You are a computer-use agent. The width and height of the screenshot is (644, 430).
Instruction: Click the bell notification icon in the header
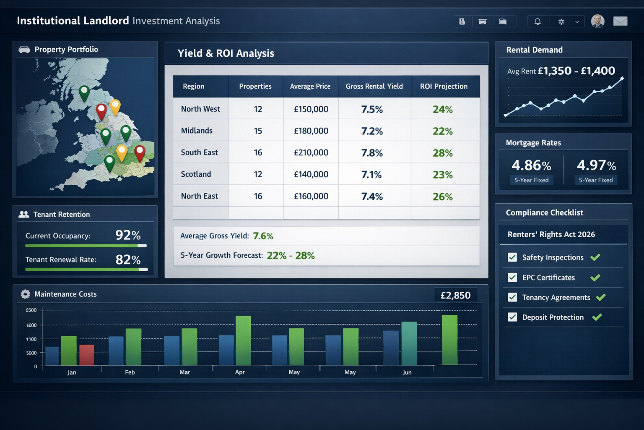pos(537,21)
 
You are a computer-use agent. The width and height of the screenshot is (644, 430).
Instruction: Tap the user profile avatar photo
pos(597,21)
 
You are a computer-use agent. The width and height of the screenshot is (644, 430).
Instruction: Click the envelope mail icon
pos(620,21)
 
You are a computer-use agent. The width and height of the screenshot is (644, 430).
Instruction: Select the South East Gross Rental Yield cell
pos(372,153)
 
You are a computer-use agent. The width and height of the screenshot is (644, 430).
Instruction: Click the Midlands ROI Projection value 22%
pos(442,131)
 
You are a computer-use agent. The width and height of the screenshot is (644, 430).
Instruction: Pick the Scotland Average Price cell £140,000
pos(311,174)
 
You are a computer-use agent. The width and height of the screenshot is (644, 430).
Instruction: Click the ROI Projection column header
pos(444,86)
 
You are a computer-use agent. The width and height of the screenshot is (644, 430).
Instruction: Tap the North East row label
pos(199,196)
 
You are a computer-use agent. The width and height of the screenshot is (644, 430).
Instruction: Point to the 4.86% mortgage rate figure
pos(531,165)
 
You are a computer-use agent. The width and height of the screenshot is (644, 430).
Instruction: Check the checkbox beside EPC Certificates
pos(512,278)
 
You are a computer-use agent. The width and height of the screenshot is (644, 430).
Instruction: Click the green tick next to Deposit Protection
pos(597,317)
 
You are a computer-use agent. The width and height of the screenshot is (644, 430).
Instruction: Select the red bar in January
pos(86,355)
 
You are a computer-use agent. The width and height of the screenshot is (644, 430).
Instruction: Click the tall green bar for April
pos(243,340)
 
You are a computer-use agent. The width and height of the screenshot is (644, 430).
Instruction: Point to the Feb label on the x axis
pos(130,372)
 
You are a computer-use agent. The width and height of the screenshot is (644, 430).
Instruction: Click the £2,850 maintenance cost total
pos(455,295)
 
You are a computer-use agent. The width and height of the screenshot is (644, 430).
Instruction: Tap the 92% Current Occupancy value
pos(128,235)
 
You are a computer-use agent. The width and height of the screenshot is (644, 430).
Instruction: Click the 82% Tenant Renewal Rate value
pos(128,260)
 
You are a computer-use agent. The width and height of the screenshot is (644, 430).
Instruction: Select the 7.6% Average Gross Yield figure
pos(263,236)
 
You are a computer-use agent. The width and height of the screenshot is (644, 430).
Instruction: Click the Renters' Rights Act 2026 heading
pos(551,234)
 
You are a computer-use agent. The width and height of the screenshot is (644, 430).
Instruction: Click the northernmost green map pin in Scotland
pos(84,92)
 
